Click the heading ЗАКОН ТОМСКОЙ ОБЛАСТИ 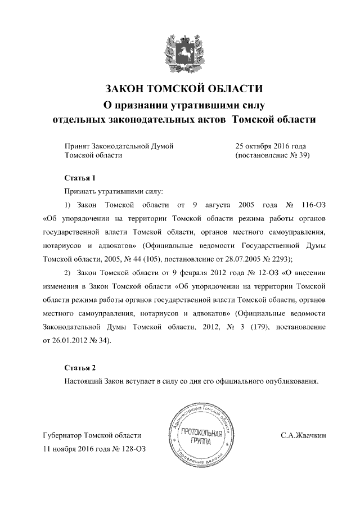[x=184, y=89]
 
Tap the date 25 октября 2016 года [x=271, y=146]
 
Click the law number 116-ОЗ [x=312, y=203]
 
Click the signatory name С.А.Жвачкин [x=304, y=435]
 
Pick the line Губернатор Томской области [x=92, y=435]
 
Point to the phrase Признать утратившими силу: [x=105, y=191]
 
